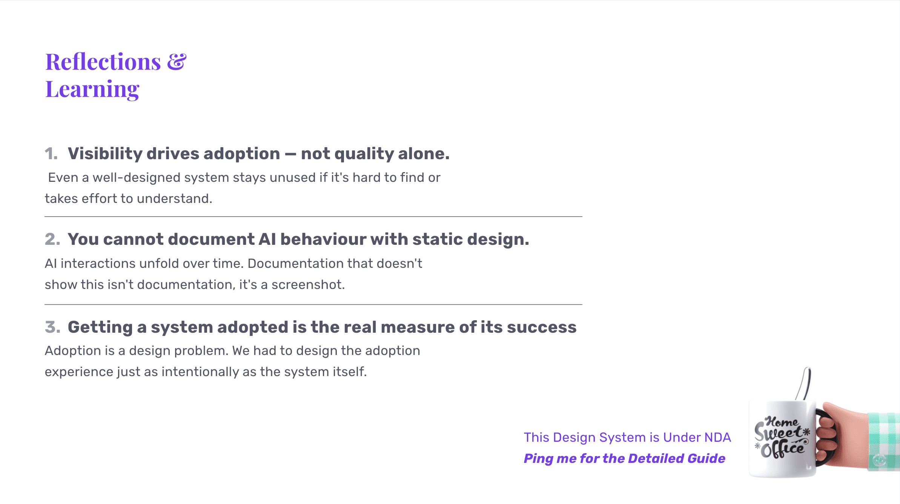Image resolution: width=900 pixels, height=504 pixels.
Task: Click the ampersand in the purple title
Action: click(x=177, y=61)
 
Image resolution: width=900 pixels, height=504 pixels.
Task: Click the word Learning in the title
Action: click(x=92, y=90)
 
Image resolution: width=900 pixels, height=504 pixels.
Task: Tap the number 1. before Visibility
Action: click(x=51, y=154)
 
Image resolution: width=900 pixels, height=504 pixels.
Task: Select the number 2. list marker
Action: click(x=52, y=239)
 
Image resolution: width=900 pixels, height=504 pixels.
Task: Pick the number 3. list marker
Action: click(x=52, y=327)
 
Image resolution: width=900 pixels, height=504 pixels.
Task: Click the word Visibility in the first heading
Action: click(x=105, y=154)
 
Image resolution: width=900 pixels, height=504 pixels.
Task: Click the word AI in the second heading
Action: click(x=267, y=239)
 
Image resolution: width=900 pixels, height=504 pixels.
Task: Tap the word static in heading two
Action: click(x=437, y=239)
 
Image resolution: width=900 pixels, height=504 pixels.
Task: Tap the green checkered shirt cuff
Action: click(x=884, y=442)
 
